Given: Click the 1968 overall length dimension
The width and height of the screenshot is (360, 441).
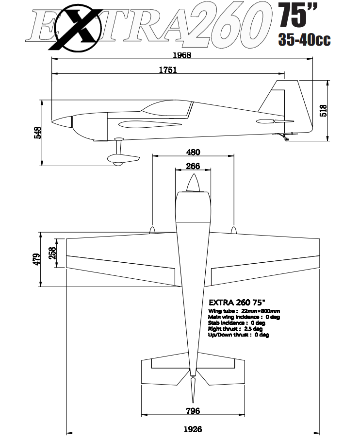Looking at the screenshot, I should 182,55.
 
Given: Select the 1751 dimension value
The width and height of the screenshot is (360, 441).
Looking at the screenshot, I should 168,70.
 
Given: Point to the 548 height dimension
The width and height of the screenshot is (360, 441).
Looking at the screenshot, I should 38,132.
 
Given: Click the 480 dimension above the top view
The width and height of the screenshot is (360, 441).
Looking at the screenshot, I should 193,151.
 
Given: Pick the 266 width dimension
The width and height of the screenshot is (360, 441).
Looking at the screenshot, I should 193,166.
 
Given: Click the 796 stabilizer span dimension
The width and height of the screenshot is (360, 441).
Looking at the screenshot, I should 193,411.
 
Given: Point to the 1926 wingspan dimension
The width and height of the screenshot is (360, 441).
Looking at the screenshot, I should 193,429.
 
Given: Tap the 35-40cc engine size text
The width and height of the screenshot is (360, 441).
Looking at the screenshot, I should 305,40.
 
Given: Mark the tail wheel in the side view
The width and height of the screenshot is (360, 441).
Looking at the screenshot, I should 286,139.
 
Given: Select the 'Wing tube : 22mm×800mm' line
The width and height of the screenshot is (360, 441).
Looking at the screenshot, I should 244,311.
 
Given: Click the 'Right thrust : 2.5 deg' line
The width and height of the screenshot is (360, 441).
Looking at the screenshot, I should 235,329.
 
